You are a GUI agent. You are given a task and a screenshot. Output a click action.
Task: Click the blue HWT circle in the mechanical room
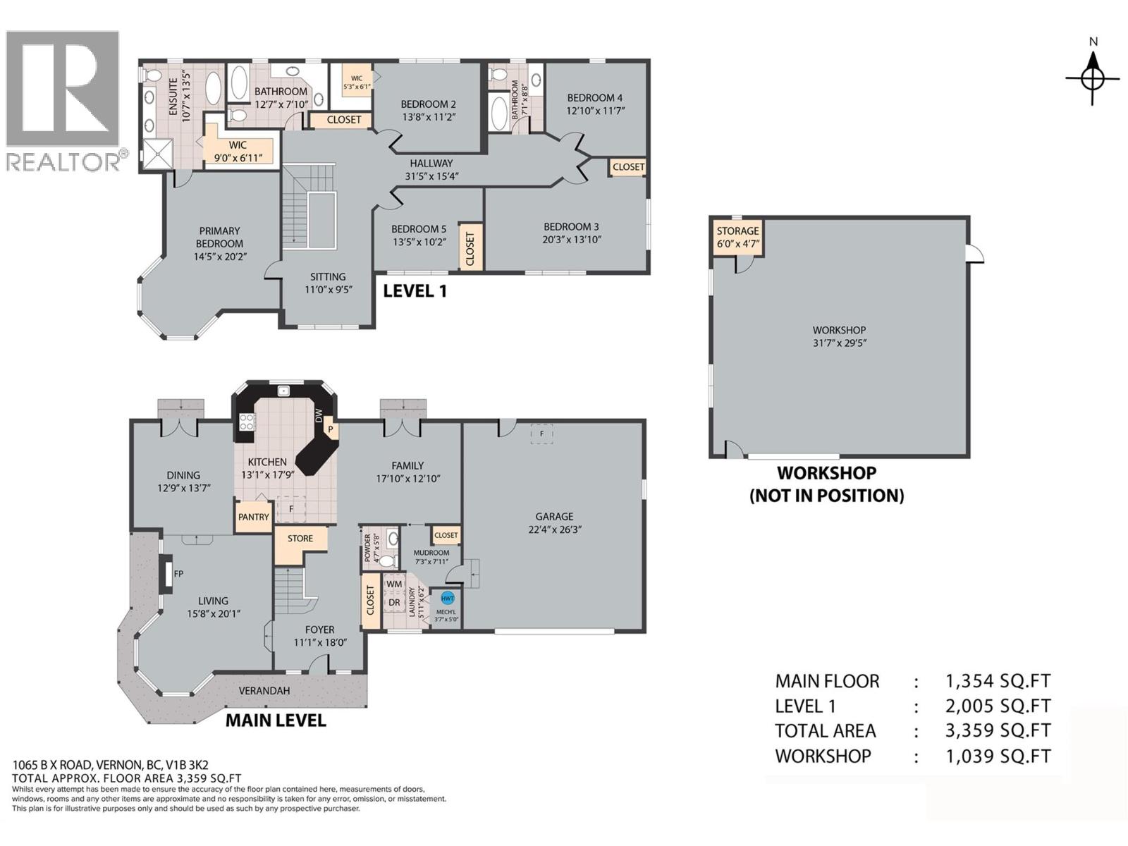[447, 598]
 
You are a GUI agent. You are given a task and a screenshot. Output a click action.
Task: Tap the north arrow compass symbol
[1092, 78]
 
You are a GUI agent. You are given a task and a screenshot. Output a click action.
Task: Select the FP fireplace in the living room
[166, 574]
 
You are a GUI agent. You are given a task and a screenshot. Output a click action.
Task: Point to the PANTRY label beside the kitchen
[253, 517]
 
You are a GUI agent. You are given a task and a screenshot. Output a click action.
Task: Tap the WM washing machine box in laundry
[394, 584]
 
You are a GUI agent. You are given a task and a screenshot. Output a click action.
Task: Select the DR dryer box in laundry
[394, 603]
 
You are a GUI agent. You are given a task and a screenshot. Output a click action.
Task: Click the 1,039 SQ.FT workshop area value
[998, 756]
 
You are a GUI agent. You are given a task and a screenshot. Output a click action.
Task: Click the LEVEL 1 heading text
[415, 291]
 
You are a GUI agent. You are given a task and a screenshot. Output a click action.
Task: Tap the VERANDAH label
[264, 691]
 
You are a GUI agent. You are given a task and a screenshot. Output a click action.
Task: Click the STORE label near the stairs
[300, 538]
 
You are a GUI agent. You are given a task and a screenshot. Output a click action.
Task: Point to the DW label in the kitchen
[319, 415]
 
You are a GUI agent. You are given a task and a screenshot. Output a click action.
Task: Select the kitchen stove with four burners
[247, 422]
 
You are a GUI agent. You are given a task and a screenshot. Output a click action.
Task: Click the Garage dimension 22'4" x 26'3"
[554, 529]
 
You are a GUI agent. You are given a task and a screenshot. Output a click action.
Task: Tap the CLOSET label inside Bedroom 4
[628, 167]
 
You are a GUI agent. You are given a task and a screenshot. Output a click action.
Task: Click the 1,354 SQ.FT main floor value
[998, 681]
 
